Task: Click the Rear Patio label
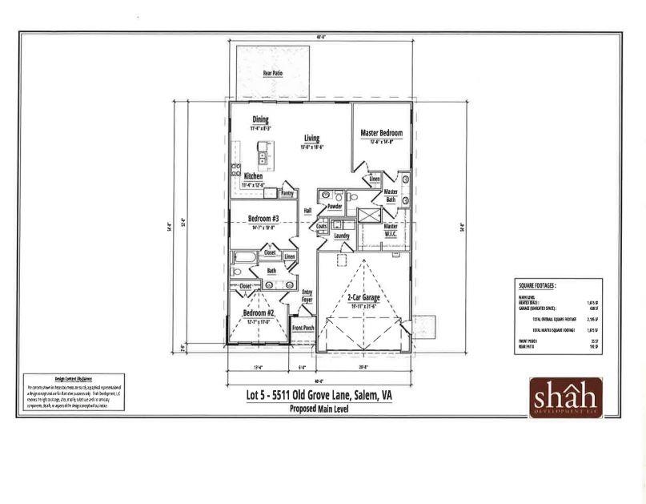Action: coord(273,73)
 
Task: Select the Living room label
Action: coord(311,139)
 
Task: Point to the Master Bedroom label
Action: coord(381,133)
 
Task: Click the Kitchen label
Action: coord(253,176)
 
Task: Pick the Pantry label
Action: coord(287,193)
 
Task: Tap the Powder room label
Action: coord(335,206)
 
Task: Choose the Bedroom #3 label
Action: coord(263,219)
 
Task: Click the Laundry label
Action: coord(342,236)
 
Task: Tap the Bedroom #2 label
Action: coord(259,313)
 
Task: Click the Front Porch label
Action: coord(303,329)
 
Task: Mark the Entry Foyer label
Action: coord(307,296)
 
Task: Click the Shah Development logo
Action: coord(565,396)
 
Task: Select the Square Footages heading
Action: coord(537,284)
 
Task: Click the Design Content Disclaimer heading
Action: coord(74,379)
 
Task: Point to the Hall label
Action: coord(307,211)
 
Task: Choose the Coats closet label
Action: coord(322,227)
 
